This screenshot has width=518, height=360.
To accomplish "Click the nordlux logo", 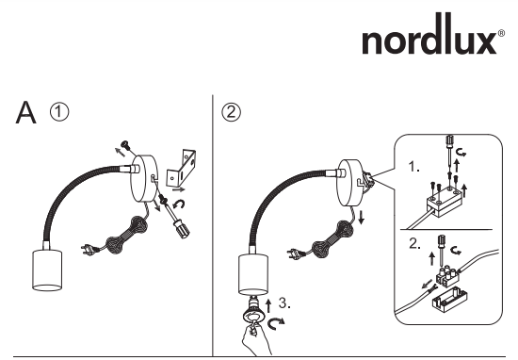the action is (433, 34).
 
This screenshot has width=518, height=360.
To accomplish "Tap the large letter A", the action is (25, 112).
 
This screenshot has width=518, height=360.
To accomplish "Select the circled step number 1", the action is (59, 112).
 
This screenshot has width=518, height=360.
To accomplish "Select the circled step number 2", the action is (231, 112).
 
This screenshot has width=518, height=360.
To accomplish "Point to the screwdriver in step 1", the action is (176, 217).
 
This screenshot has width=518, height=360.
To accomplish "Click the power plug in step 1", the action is (89, 249).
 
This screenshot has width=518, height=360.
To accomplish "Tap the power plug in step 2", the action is (295, 254).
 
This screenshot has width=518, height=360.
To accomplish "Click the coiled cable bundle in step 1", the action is (127, 235).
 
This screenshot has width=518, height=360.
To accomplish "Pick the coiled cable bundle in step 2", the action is (332, 238).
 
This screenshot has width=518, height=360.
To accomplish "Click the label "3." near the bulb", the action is (284, 303).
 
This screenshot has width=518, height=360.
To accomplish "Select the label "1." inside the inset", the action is (414, 167).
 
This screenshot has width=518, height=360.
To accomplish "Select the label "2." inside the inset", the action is (414, 244).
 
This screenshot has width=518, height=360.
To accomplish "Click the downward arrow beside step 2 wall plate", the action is (362, 216).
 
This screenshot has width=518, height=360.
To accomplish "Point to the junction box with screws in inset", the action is (444, 202).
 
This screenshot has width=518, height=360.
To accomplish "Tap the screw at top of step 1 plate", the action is (126, 144).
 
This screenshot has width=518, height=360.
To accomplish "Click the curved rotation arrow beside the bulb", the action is (276, 323).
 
